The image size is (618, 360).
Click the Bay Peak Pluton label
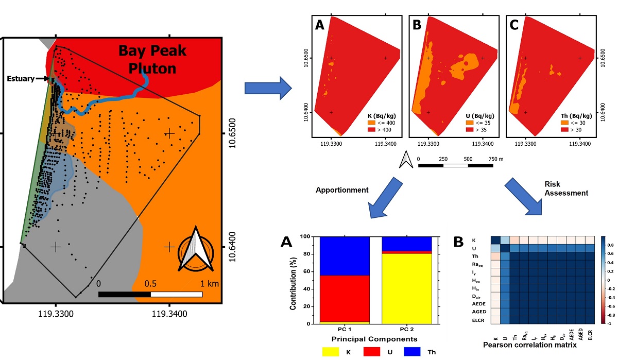[152, 59]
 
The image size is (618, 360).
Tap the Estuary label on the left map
[21, 79]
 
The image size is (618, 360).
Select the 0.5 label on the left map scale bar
[150, 284]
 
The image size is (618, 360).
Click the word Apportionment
[342, 190]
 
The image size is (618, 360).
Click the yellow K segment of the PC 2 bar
[406, 288]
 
